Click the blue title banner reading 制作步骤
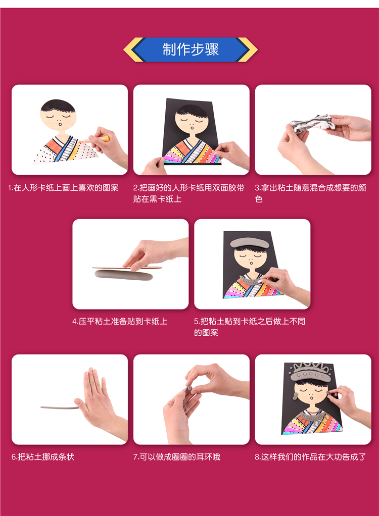point(191,49)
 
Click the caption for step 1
point(63,188)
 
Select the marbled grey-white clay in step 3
point(312,123)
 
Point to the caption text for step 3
point(310,193)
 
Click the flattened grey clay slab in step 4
point(124,275)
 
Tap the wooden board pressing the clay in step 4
point(127,268)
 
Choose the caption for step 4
point(120,321)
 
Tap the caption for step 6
point(43,457)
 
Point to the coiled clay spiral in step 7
point(189,389)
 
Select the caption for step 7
point(176,457)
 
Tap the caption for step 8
point(310,457)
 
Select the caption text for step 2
point(188,193)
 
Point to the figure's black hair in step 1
point(58,106)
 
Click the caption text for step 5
point(250,327)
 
